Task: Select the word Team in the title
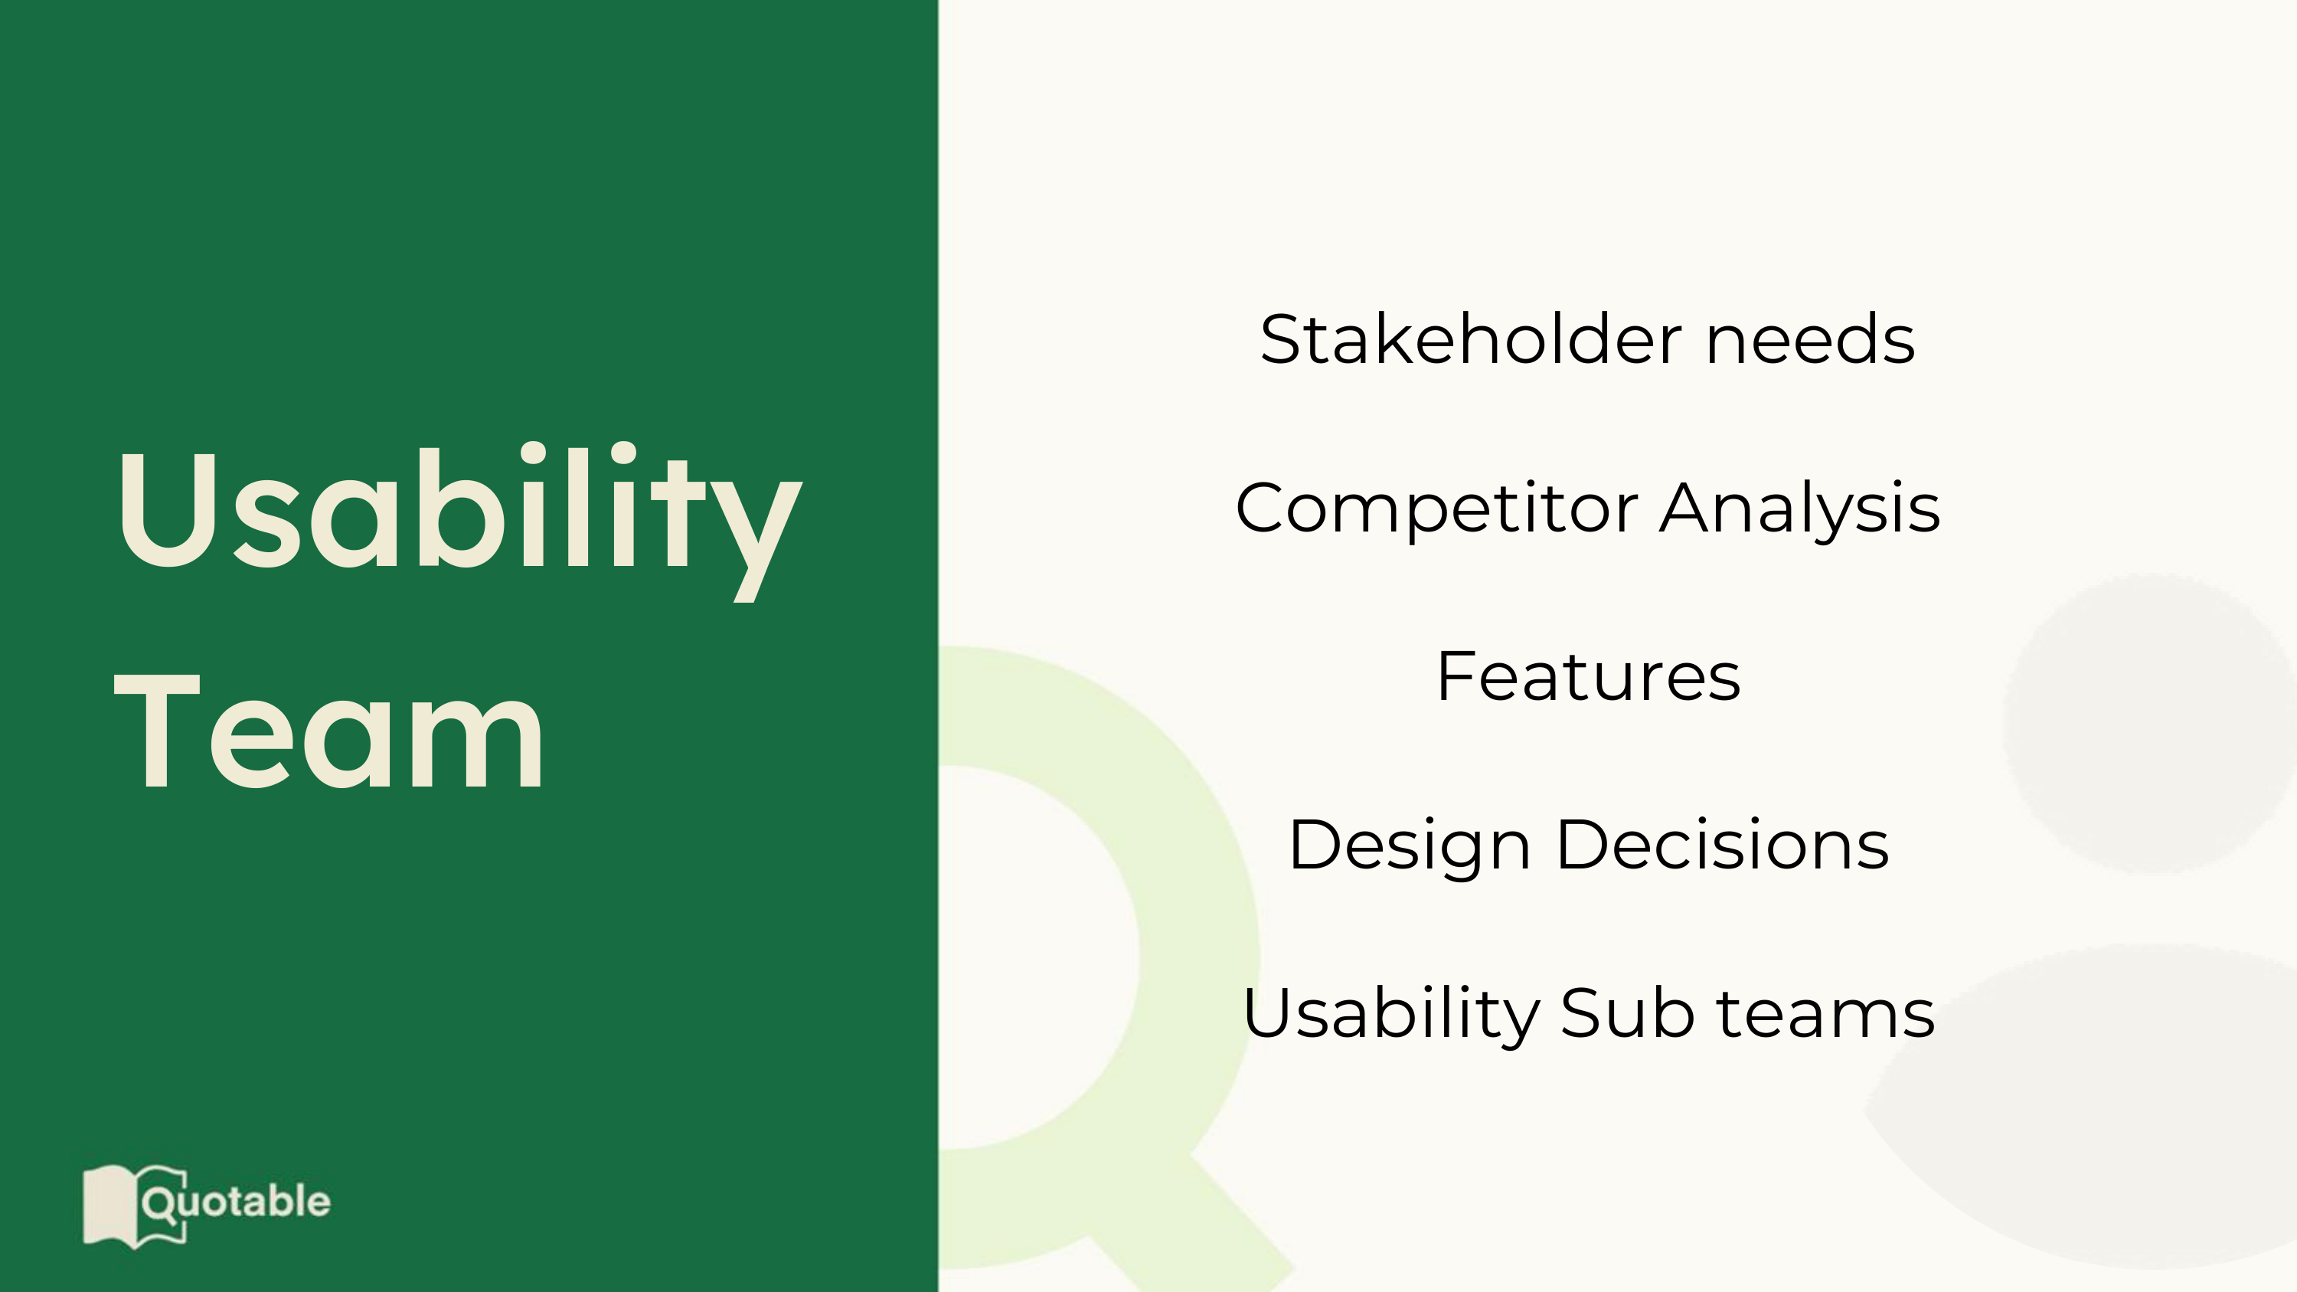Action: [x=329, y=731]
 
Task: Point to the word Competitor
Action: [x=1436, y=509]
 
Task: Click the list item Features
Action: [x=1588, y=677]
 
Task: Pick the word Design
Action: [x=1410, y=846]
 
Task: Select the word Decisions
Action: [x=1722, y=845]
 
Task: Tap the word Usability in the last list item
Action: [x=1391, y=1015]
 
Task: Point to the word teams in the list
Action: [x=1825, y=1015]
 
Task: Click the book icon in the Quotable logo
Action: [x=134, y=1206]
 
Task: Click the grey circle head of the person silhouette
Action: [x=2150, y=722]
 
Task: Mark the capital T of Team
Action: [x=157, y=731]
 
